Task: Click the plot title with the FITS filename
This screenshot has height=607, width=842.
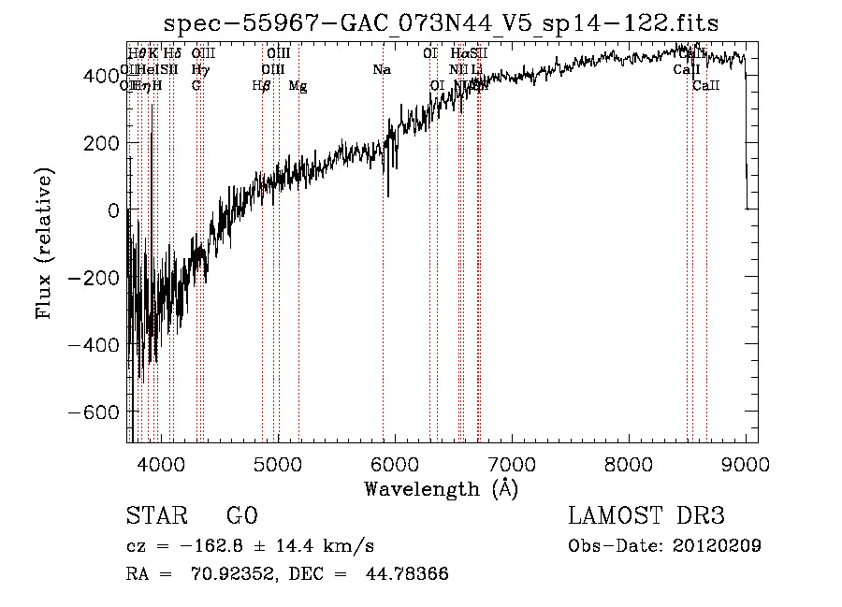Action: (442, 23)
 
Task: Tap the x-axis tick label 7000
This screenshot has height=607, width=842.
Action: (512, 465)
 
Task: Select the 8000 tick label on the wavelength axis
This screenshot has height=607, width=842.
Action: (629, 465)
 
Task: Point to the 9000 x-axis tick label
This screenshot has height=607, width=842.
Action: (746, 465)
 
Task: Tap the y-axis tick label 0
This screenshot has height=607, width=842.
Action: (113, 210)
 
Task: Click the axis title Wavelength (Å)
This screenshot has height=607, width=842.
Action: (441, 488)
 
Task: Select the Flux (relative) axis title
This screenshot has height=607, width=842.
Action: (44, 243)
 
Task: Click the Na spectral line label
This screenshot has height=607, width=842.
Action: (381, 70)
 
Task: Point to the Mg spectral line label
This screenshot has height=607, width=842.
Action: (297, 86)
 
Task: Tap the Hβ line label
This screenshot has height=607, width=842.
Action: (261, 86)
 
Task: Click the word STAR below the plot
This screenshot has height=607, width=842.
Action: (155, 516)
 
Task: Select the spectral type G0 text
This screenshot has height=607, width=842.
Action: (241, 516)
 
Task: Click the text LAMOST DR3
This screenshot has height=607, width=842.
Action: (646, 516)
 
